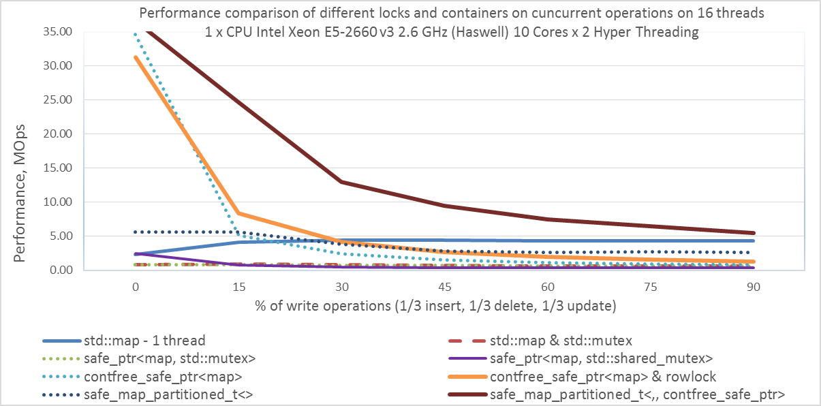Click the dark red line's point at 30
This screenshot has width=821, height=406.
pos(341,182)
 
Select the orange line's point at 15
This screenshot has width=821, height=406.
pos(238,213)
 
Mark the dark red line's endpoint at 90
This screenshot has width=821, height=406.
pos(753,233)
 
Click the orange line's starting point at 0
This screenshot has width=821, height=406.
pos(136,57)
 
